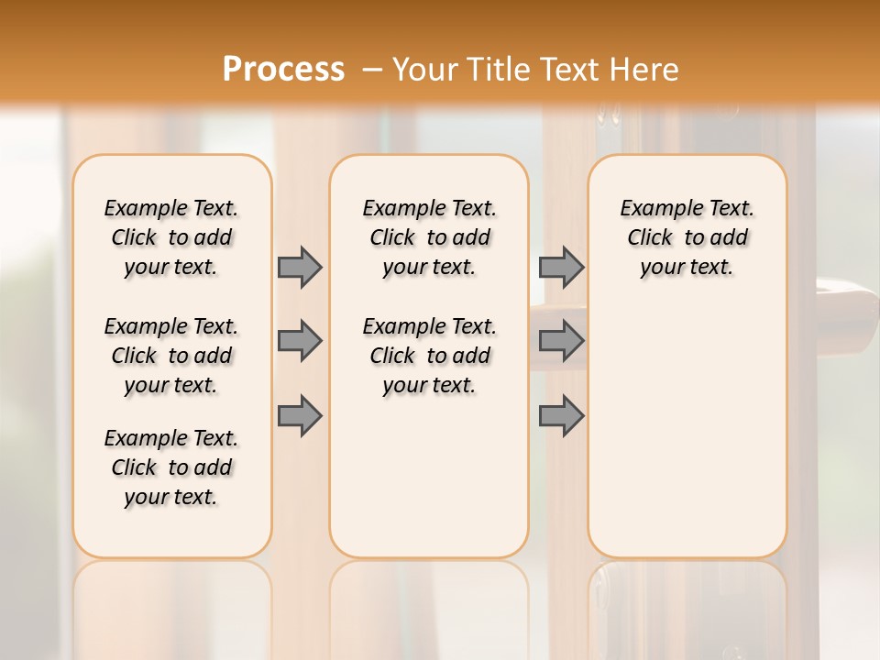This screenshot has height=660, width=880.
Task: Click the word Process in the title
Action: (x=283, y=69)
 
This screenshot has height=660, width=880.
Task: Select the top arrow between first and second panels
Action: (x=300, y=267)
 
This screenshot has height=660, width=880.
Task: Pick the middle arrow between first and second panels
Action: (x=300, y=341)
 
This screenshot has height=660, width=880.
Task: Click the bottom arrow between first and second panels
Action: (x=300, y=415)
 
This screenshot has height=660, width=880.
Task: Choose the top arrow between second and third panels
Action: (x=561, y=267)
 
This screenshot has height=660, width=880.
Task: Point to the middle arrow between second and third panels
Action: (x=561, y=341)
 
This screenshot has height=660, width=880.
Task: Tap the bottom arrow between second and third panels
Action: (x=561, y=415)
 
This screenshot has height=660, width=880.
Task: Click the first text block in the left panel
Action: (x=171, y=237)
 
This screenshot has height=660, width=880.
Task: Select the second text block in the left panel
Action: (x=171, y=356)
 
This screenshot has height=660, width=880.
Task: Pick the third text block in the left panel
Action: (x=171, y=467)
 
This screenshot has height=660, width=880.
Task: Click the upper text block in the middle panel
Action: (x=429, y=237)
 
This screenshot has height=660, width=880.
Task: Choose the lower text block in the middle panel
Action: (x=429, y=356)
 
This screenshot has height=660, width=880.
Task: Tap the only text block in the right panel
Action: (x=687, y=237)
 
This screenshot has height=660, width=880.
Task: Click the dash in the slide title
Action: (x=372, y=69)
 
